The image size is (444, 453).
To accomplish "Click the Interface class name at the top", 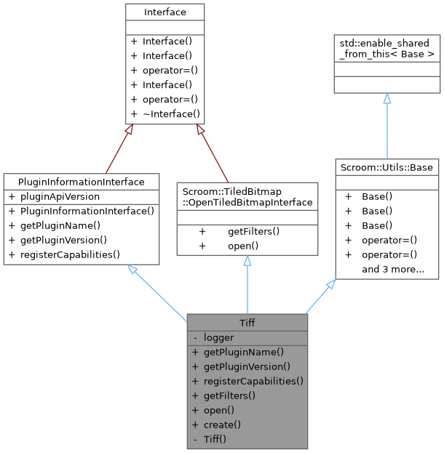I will click(164, 12).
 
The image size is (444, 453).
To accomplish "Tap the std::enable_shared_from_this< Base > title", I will click(386, 49).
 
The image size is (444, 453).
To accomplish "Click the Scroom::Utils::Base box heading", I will click(386, 167).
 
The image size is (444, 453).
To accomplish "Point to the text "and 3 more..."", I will click(393, 269).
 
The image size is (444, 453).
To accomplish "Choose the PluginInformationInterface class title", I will click(81, 182).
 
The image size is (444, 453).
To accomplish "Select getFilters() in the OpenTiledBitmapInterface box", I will click(253, 231).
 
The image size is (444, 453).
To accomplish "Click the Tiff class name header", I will click(247, 323).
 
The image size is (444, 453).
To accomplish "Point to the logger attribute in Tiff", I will click(218, 337).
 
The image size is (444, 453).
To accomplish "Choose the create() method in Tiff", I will click(222, 425).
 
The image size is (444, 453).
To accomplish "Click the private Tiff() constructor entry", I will click(215, 439).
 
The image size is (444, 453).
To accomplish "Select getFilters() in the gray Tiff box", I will click(229, 396).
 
